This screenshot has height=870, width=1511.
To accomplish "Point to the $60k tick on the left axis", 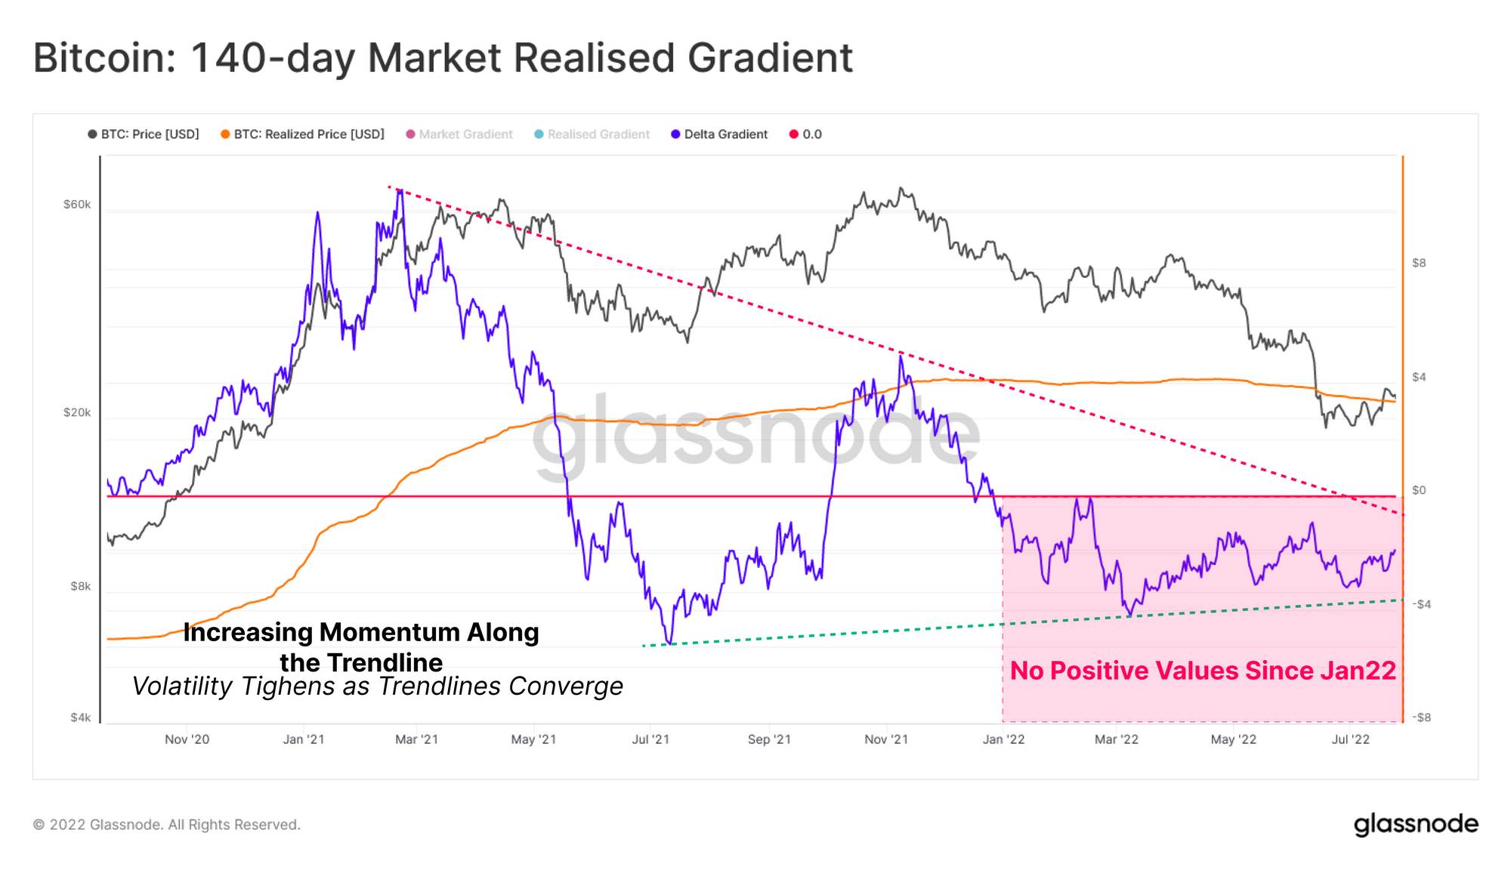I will [77, 205].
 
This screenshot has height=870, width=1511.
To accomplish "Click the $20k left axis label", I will [77, 412].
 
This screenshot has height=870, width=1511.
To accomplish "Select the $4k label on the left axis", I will [80, 717].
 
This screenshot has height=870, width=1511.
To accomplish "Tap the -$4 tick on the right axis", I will [1421, 604].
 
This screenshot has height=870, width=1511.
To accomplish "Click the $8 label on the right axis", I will [1419, 263].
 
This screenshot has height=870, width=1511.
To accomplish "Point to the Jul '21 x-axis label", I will [650, 739].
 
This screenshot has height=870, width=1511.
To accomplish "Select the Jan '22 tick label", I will [1003, 739].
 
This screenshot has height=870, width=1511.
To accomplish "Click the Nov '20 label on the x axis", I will [187, 739].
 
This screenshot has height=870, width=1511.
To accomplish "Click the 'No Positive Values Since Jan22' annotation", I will [1203, 671].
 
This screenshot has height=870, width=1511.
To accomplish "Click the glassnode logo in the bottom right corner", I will [1415, 824].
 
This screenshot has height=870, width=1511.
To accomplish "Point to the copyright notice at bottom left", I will [166, 825].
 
